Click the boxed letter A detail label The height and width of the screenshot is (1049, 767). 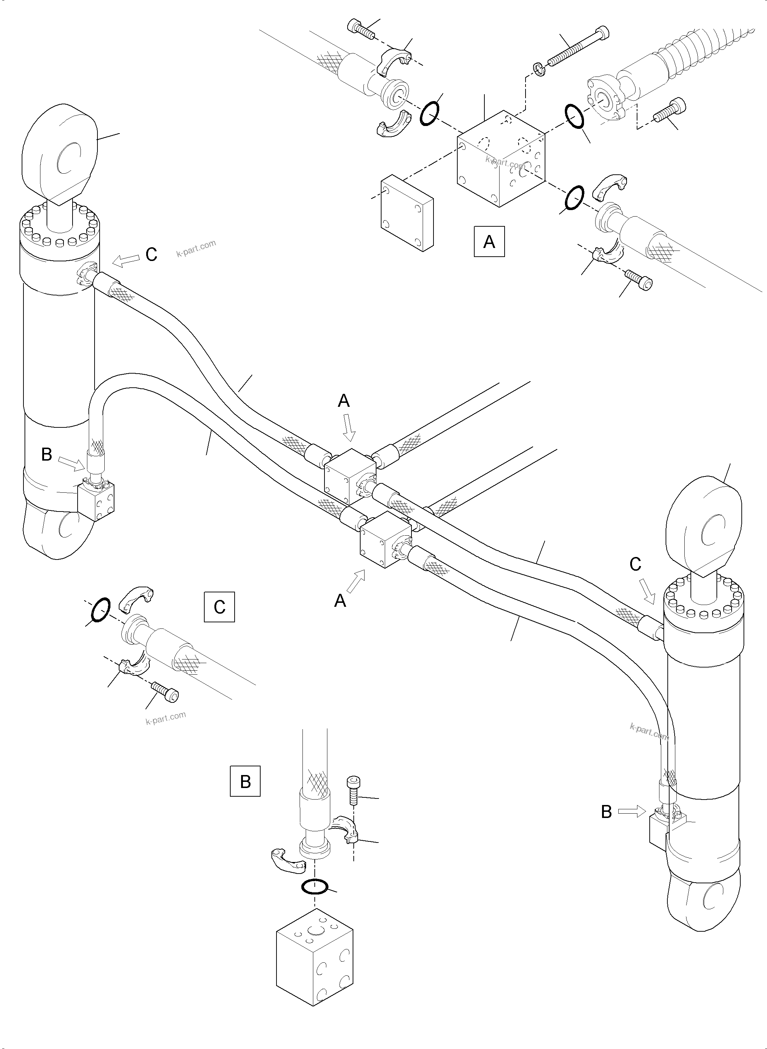point(489,241)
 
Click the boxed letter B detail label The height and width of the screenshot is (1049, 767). point(245,781)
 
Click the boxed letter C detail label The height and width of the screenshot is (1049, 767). point(219,606)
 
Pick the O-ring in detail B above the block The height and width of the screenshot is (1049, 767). point(314,887)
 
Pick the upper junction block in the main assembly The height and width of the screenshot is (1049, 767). point(350,476)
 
